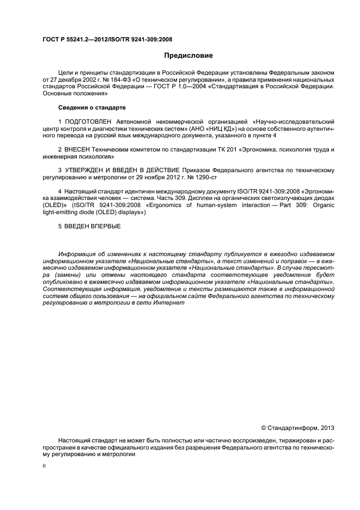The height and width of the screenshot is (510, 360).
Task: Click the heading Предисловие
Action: (x=189, y=56)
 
